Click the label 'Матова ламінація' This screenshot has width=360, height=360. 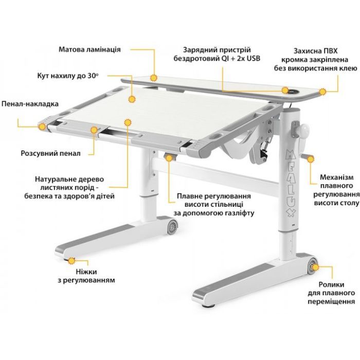[89, 50]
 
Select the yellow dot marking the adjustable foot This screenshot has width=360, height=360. [71, 261]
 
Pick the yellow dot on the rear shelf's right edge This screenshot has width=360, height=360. [322, 92]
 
